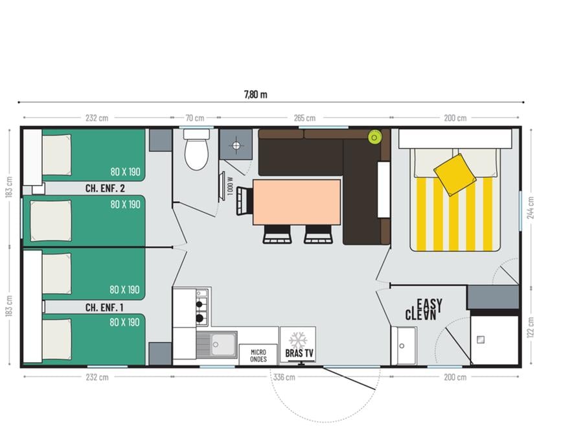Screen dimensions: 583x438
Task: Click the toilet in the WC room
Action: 196,150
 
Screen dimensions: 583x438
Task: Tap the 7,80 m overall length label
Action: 256,95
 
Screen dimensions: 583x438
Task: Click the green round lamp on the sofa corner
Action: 374,138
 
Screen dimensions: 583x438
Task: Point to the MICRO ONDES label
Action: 258,356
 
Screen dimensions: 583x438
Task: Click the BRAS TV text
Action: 299,353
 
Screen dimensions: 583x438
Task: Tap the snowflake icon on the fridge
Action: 297,341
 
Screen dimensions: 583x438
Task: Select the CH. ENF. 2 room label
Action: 105,188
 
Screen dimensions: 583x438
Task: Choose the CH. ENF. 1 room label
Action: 104,308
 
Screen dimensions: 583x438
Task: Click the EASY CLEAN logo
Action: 424,310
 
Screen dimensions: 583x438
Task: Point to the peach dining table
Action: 297,202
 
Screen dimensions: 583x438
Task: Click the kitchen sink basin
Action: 222,344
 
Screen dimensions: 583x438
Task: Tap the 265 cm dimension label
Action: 304,118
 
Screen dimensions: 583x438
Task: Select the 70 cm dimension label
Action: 195,118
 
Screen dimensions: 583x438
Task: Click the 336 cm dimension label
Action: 284,377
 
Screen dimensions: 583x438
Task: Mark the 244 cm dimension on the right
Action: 531,208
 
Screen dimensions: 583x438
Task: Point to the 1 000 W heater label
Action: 230,186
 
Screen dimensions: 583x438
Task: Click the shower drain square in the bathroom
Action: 481,339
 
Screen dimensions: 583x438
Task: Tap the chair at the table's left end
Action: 244,201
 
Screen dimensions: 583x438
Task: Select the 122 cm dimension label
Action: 531,327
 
